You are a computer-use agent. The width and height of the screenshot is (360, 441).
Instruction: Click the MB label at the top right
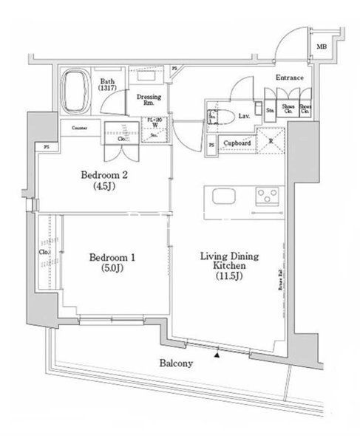(322, 47)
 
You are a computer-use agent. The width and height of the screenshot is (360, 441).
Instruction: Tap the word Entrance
(290, 77)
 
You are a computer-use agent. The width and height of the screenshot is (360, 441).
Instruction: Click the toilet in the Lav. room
(225, 116)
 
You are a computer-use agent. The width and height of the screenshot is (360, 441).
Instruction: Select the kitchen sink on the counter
(223, 196)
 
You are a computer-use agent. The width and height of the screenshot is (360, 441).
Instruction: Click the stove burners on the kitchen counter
(265, 196)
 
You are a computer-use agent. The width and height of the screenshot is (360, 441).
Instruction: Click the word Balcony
(175, 363)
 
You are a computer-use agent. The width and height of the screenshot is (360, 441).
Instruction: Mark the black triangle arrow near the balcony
(217, 355)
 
